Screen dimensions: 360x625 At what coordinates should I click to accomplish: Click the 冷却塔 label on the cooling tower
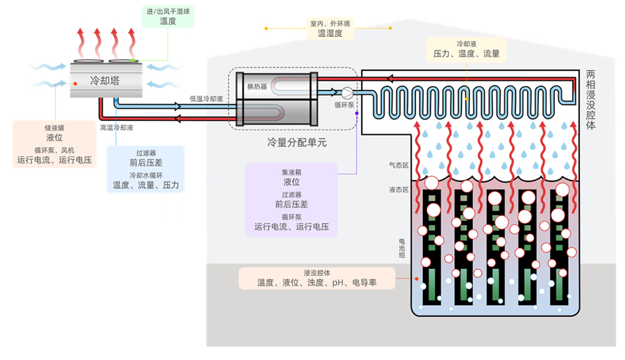(x=105, y=81)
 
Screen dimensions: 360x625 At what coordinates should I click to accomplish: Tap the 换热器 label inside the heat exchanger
(x=257, y=87)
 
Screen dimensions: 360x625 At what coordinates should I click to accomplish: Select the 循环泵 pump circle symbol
(x=347, y=91)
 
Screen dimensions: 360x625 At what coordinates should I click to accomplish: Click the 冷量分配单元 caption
(x=297, y=142)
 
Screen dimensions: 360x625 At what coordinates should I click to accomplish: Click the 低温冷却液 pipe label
(x=206, y=99)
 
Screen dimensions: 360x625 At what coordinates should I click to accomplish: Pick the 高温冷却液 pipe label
(x=117, y=128)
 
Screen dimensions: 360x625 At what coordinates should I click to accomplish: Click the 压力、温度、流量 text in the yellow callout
(x=466, y=54)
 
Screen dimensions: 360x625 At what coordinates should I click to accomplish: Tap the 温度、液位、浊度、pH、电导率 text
(x=317, y=283)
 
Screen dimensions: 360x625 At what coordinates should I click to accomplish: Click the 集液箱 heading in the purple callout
(x=291, y=172)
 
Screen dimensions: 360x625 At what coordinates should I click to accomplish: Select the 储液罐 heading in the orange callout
(x=53, y=128)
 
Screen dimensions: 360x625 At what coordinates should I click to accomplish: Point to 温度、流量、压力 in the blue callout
(x=146, y=186)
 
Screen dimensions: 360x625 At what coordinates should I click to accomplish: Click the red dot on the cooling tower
(x=75, y=85)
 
